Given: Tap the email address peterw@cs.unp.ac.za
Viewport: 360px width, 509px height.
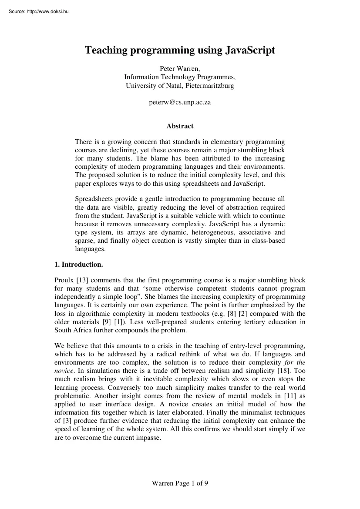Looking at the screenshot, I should coord(180,102).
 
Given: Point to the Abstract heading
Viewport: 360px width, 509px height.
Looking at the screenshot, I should coord(180,126).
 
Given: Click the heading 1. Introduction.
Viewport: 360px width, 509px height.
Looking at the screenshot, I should coord(79,264).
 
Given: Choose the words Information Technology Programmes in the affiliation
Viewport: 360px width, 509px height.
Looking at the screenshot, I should coord(180,77).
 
